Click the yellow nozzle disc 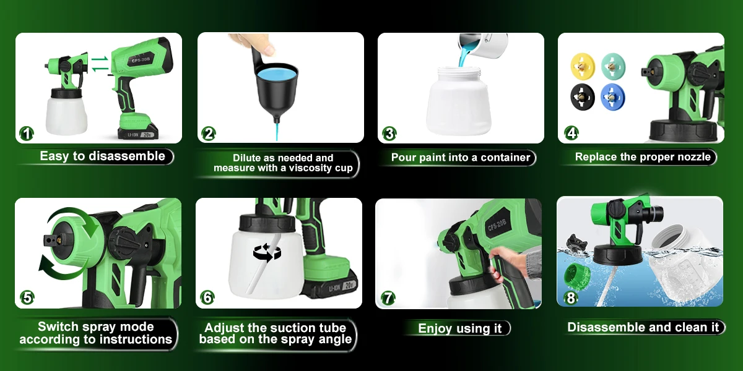coord(583,66)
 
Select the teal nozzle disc coord(613,66)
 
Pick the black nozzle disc coord(583,96)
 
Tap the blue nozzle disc coord(612,96)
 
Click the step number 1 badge coord(27,134)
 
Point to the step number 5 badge coord(27,297)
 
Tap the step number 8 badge coord(571,298)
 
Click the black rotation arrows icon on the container coord(267,252)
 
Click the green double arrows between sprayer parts coord(100,64)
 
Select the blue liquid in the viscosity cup coord(277,74)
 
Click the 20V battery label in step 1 coord(147,135)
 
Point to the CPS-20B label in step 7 coord(497,225)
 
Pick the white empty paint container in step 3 coord(459,101)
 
